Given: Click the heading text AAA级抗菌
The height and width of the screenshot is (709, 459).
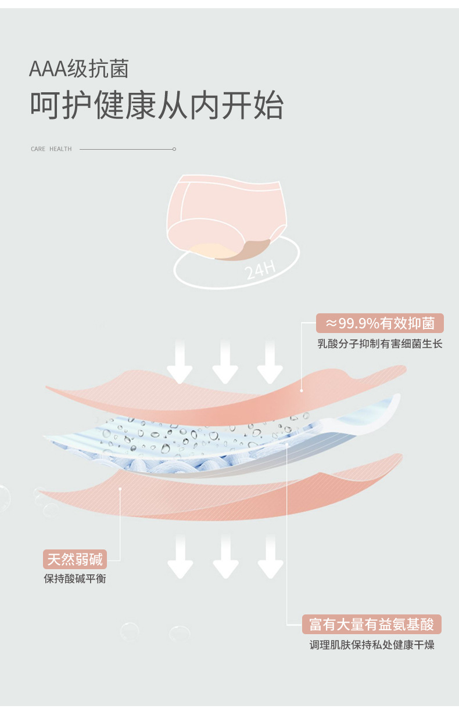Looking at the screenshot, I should point(79,70).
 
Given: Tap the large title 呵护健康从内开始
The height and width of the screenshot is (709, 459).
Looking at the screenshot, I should point(157,106).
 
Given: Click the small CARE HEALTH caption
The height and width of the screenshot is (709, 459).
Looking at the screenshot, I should point(51,149).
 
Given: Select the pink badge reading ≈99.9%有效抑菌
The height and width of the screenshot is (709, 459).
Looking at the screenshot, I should point(380,323).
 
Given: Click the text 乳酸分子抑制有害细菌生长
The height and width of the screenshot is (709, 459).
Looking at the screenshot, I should point(380,344).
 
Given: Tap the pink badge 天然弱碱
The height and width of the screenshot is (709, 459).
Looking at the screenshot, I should point(75,559).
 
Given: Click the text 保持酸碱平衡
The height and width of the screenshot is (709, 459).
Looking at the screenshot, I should point(75,579).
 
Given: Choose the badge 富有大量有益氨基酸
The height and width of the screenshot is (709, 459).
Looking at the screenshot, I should point(372,624).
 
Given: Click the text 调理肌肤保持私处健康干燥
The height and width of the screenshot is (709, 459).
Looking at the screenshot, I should point(372,645).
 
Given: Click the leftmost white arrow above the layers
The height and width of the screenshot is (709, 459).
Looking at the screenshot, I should point(180,363).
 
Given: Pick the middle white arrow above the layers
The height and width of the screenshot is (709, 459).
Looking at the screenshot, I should point(225,363).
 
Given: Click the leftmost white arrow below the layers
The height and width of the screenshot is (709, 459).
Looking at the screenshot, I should point(180,557).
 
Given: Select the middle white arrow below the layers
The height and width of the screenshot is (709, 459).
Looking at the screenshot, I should point(225,557).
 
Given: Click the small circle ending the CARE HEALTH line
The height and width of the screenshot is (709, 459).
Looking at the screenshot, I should point(174,149).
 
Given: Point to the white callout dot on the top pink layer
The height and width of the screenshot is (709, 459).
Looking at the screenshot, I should point(302,390).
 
